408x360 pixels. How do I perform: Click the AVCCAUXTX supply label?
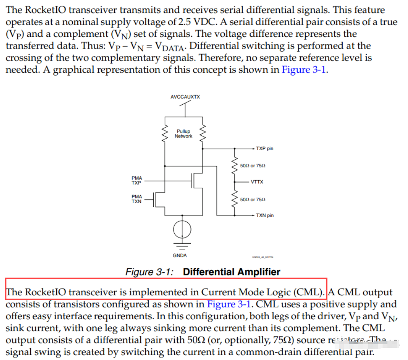[185, 97]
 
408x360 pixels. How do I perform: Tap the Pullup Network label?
[183, 134]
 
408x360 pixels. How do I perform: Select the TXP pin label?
[264, 148]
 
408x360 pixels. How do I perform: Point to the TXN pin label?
[264, 215]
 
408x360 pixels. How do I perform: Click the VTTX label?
[257, 182]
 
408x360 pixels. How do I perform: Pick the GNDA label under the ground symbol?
[180, 255]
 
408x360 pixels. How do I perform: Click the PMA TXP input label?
[136, 180]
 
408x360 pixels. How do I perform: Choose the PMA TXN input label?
[136, 199]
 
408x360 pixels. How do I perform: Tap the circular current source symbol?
[182, 229]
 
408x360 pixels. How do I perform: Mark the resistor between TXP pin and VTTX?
[234, 165]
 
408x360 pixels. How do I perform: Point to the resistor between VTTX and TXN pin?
[234, 199]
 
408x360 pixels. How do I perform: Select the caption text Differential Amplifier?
[231, 272]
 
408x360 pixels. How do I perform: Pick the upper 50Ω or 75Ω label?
[253, 166]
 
